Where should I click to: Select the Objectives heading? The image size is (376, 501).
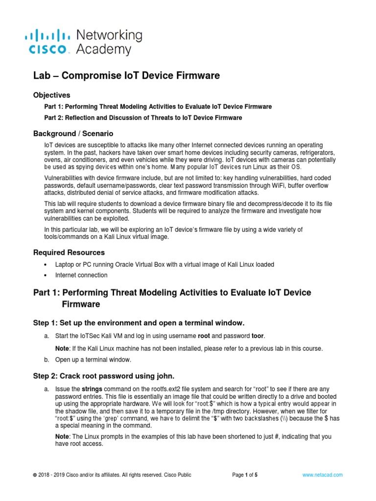(51, 95)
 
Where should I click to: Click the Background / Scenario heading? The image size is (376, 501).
(73, 133)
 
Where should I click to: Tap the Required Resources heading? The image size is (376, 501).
(69, 252)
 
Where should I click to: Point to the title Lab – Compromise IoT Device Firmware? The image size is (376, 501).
(126, 75)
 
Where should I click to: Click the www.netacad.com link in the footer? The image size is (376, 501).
(322, 475)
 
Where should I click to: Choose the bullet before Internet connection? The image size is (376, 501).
(45, 275)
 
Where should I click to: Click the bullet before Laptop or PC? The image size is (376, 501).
(45, 264)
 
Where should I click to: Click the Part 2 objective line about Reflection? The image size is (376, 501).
(143, 118)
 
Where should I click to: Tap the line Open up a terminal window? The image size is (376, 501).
(93, 360)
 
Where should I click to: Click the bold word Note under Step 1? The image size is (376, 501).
(62, 348)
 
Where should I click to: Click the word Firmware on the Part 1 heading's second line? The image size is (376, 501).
(81, 304)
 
